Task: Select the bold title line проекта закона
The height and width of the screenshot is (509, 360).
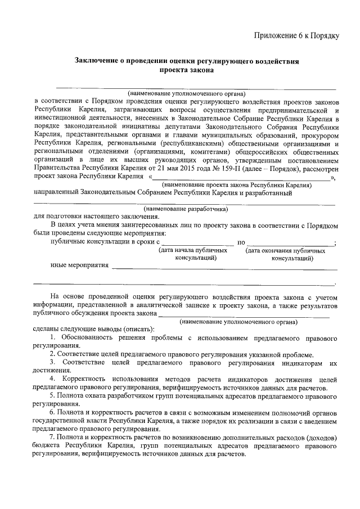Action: tap(186, 71)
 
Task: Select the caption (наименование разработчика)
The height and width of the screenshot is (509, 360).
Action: tap(186, 209)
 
